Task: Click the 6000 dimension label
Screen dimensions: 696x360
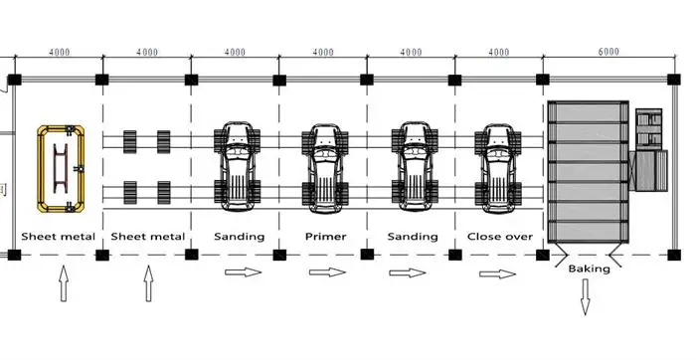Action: click(x=609, y=52)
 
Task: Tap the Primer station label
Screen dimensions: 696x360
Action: click(x=326, y=237)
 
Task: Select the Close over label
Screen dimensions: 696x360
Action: click(x=500, y=237)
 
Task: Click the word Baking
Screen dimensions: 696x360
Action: click(x=589, y=269)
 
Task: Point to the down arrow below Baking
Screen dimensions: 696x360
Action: click(x=585, y=296)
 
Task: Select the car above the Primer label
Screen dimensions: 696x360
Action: click(x=325, y=168)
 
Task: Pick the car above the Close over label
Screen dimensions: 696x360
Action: click(x=498, y=168)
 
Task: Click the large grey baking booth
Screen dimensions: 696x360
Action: click(x=589, y=172)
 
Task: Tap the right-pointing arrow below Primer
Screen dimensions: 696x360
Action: click(x=327, y=272)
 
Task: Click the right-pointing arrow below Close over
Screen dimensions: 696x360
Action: click(x=497, y=273)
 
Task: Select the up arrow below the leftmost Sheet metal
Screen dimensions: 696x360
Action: click(x=64, y=283)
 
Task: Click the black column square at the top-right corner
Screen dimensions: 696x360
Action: click(x=674, y=80)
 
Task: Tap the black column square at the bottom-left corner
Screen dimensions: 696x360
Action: click(x=14, y=255)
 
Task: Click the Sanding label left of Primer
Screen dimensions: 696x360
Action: click(x=240, y=237)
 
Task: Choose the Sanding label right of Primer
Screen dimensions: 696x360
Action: click(x=413, y=237)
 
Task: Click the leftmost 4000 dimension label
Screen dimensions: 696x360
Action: click(x=59, y=53)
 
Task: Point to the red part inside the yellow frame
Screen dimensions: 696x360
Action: click(x=61, y=168)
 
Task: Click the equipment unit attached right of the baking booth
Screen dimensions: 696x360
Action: click(x=649, y=149)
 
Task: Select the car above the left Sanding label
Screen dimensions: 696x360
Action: click(x=237, y=167)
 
